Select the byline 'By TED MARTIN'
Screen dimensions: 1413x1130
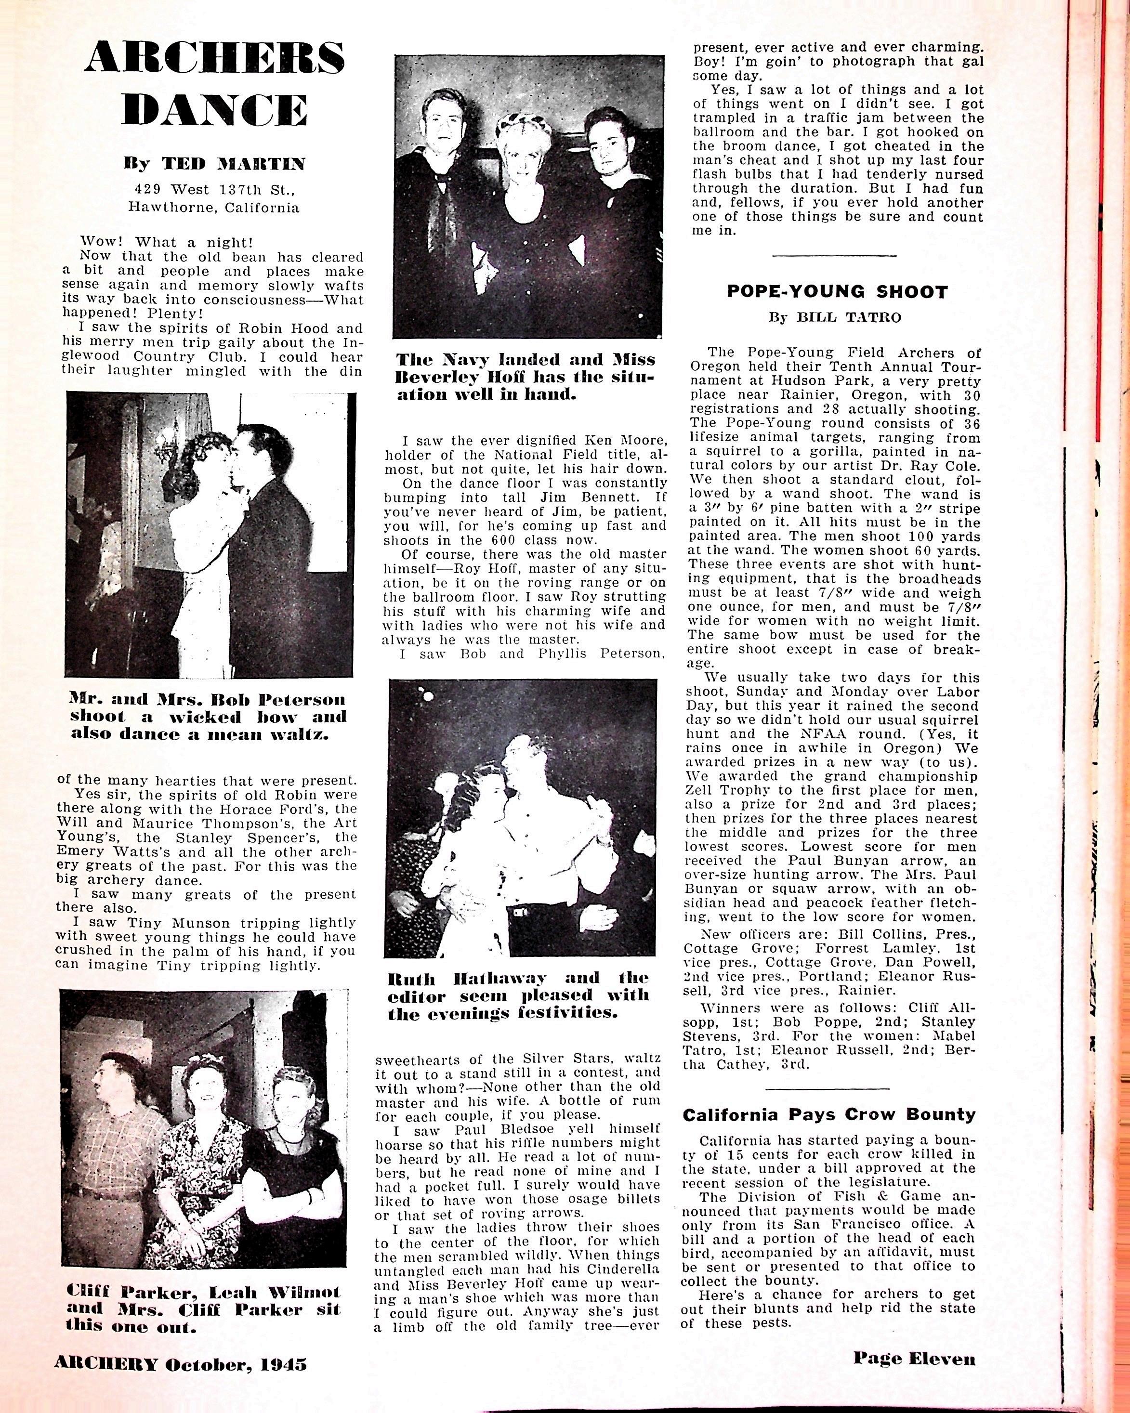point(214,163)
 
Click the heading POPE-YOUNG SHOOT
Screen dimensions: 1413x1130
point(837,292)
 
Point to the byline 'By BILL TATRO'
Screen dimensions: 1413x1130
point(835,318)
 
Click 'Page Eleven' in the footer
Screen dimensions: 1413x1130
point(914,1358)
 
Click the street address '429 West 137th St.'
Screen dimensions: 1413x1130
point(214,190)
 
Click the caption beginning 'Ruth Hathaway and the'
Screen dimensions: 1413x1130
point(518,995)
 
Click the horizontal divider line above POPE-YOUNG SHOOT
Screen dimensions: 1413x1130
point(834,256)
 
